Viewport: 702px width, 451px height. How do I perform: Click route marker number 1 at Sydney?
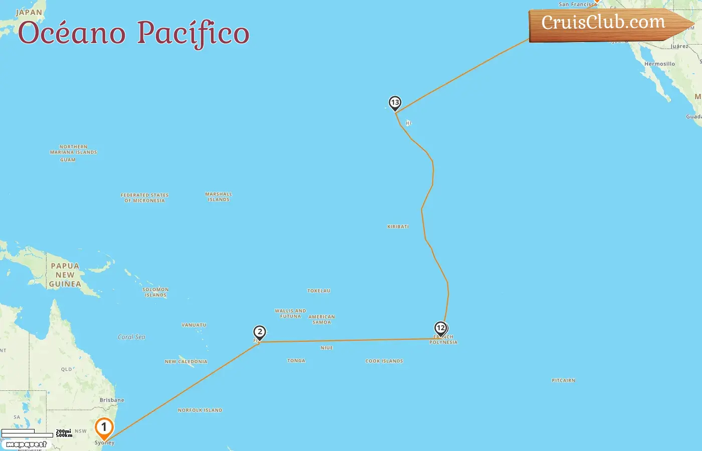pyautogui.click(x=104, y=428)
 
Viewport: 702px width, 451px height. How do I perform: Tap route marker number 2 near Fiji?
pyautogui.click(x=260, y=332)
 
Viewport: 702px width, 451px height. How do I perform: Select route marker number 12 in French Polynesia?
pyautogui.click(x=441, y=329)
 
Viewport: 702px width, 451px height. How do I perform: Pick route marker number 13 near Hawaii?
pyautogui.click(x=395, y=103)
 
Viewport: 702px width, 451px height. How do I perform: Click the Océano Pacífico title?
pyautogui.click(x=133, y=33)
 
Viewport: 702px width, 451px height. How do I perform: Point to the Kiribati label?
pyautogui.click(x=398, y=227)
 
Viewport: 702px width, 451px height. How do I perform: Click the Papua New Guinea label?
pyautogui.click(x=65, y=275)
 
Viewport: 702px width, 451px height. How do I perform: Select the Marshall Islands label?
pyautogui.click(x=219, y=197)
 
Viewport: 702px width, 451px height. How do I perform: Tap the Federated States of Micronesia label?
pyautogui.click(x=144, y=198)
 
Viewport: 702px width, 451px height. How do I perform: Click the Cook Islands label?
pyautogui.click(x=384, y=361)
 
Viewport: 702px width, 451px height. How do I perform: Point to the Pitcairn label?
pyautogui.click(x=564, y=381)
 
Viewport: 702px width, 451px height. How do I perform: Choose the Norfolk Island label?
pyautogui.click(x=200, y=410)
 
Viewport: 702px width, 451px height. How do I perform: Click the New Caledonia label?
pyautogui.click(x=186, y=362)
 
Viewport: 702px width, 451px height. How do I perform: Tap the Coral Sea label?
pyautogui.click(x=131, y=337)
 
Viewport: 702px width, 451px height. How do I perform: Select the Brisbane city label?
pyautogui.click(x=112, y=400)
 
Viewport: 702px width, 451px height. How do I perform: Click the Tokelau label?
pyautogui.click(x=319, y=291)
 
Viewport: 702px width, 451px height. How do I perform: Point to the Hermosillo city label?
pyautogui.click(x=659, y=64)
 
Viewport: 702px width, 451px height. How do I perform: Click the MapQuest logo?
pyautogui.click(x=26, y=444)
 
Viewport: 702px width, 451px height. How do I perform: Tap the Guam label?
pyautogui.click(x=68, y=160)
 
